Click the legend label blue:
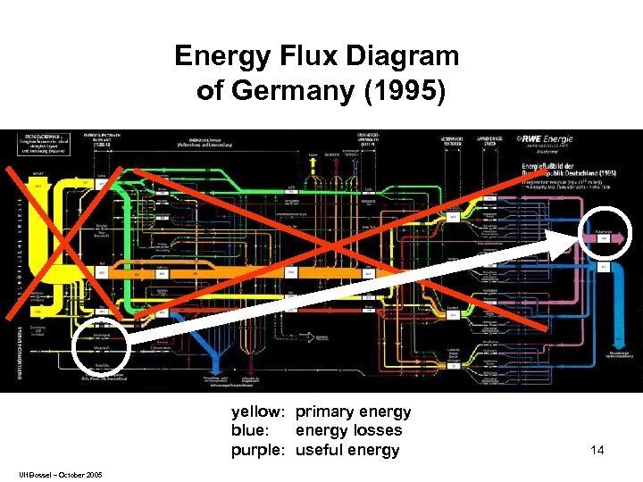(250, 431)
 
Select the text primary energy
(353, 412)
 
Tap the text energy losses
(348, 431)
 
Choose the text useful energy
(347, 450)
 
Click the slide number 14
(597, 450)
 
